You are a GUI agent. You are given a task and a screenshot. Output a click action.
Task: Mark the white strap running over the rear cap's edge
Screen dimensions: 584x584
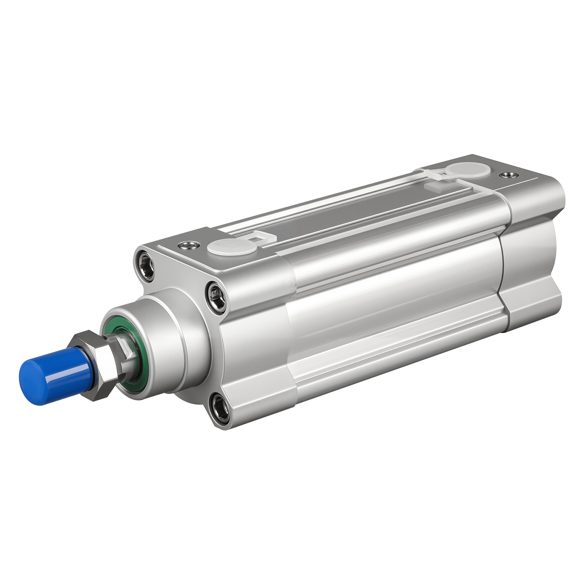(480, 188)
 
